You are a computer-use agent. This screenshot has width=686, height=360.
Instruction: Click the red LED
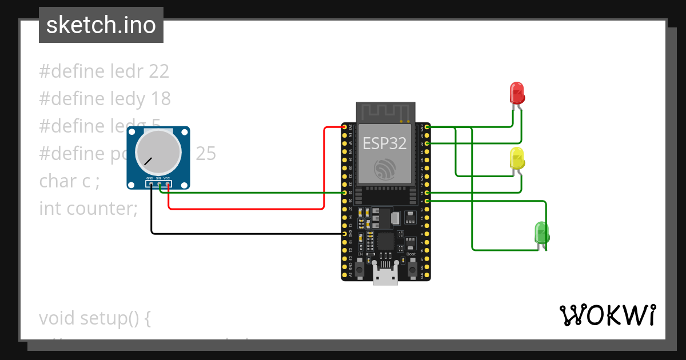click(x=516, y=93)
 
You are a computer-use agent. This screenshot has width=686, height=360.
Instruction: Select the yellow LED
click(x=517, y=158)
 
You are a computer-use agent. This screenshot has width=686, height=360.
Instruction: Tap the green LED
click(x=541, y=232)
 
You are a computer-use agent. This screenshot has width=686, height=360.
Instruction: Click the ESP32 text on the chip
click(x=385, y=143)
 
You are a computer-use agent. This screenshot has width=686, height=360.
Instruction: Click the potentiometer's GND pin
click(x=151, y=184)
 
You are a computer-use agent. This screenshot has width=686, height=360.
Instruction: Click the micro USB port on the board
click(x=385, y=277)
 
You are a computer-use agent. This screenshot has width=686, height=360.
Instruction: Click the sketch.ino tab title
click(x=101, y=25)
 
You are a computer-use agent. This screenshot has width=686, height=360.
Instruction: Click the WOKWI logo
click(x=607, y=315)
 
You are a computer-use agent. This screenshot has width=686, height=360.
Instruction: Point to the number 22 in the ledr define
click(x=159, y=71)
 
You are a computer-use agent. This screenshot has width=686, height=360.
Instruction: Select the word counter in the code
click(x=102, y=209)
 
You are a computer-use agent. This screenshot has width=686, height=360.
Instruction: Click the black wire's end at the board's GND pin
click(x=344, y=234)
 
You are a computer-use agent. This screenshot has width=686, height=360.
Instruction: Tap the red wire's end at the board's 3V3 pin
click(x=344, y=127)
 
